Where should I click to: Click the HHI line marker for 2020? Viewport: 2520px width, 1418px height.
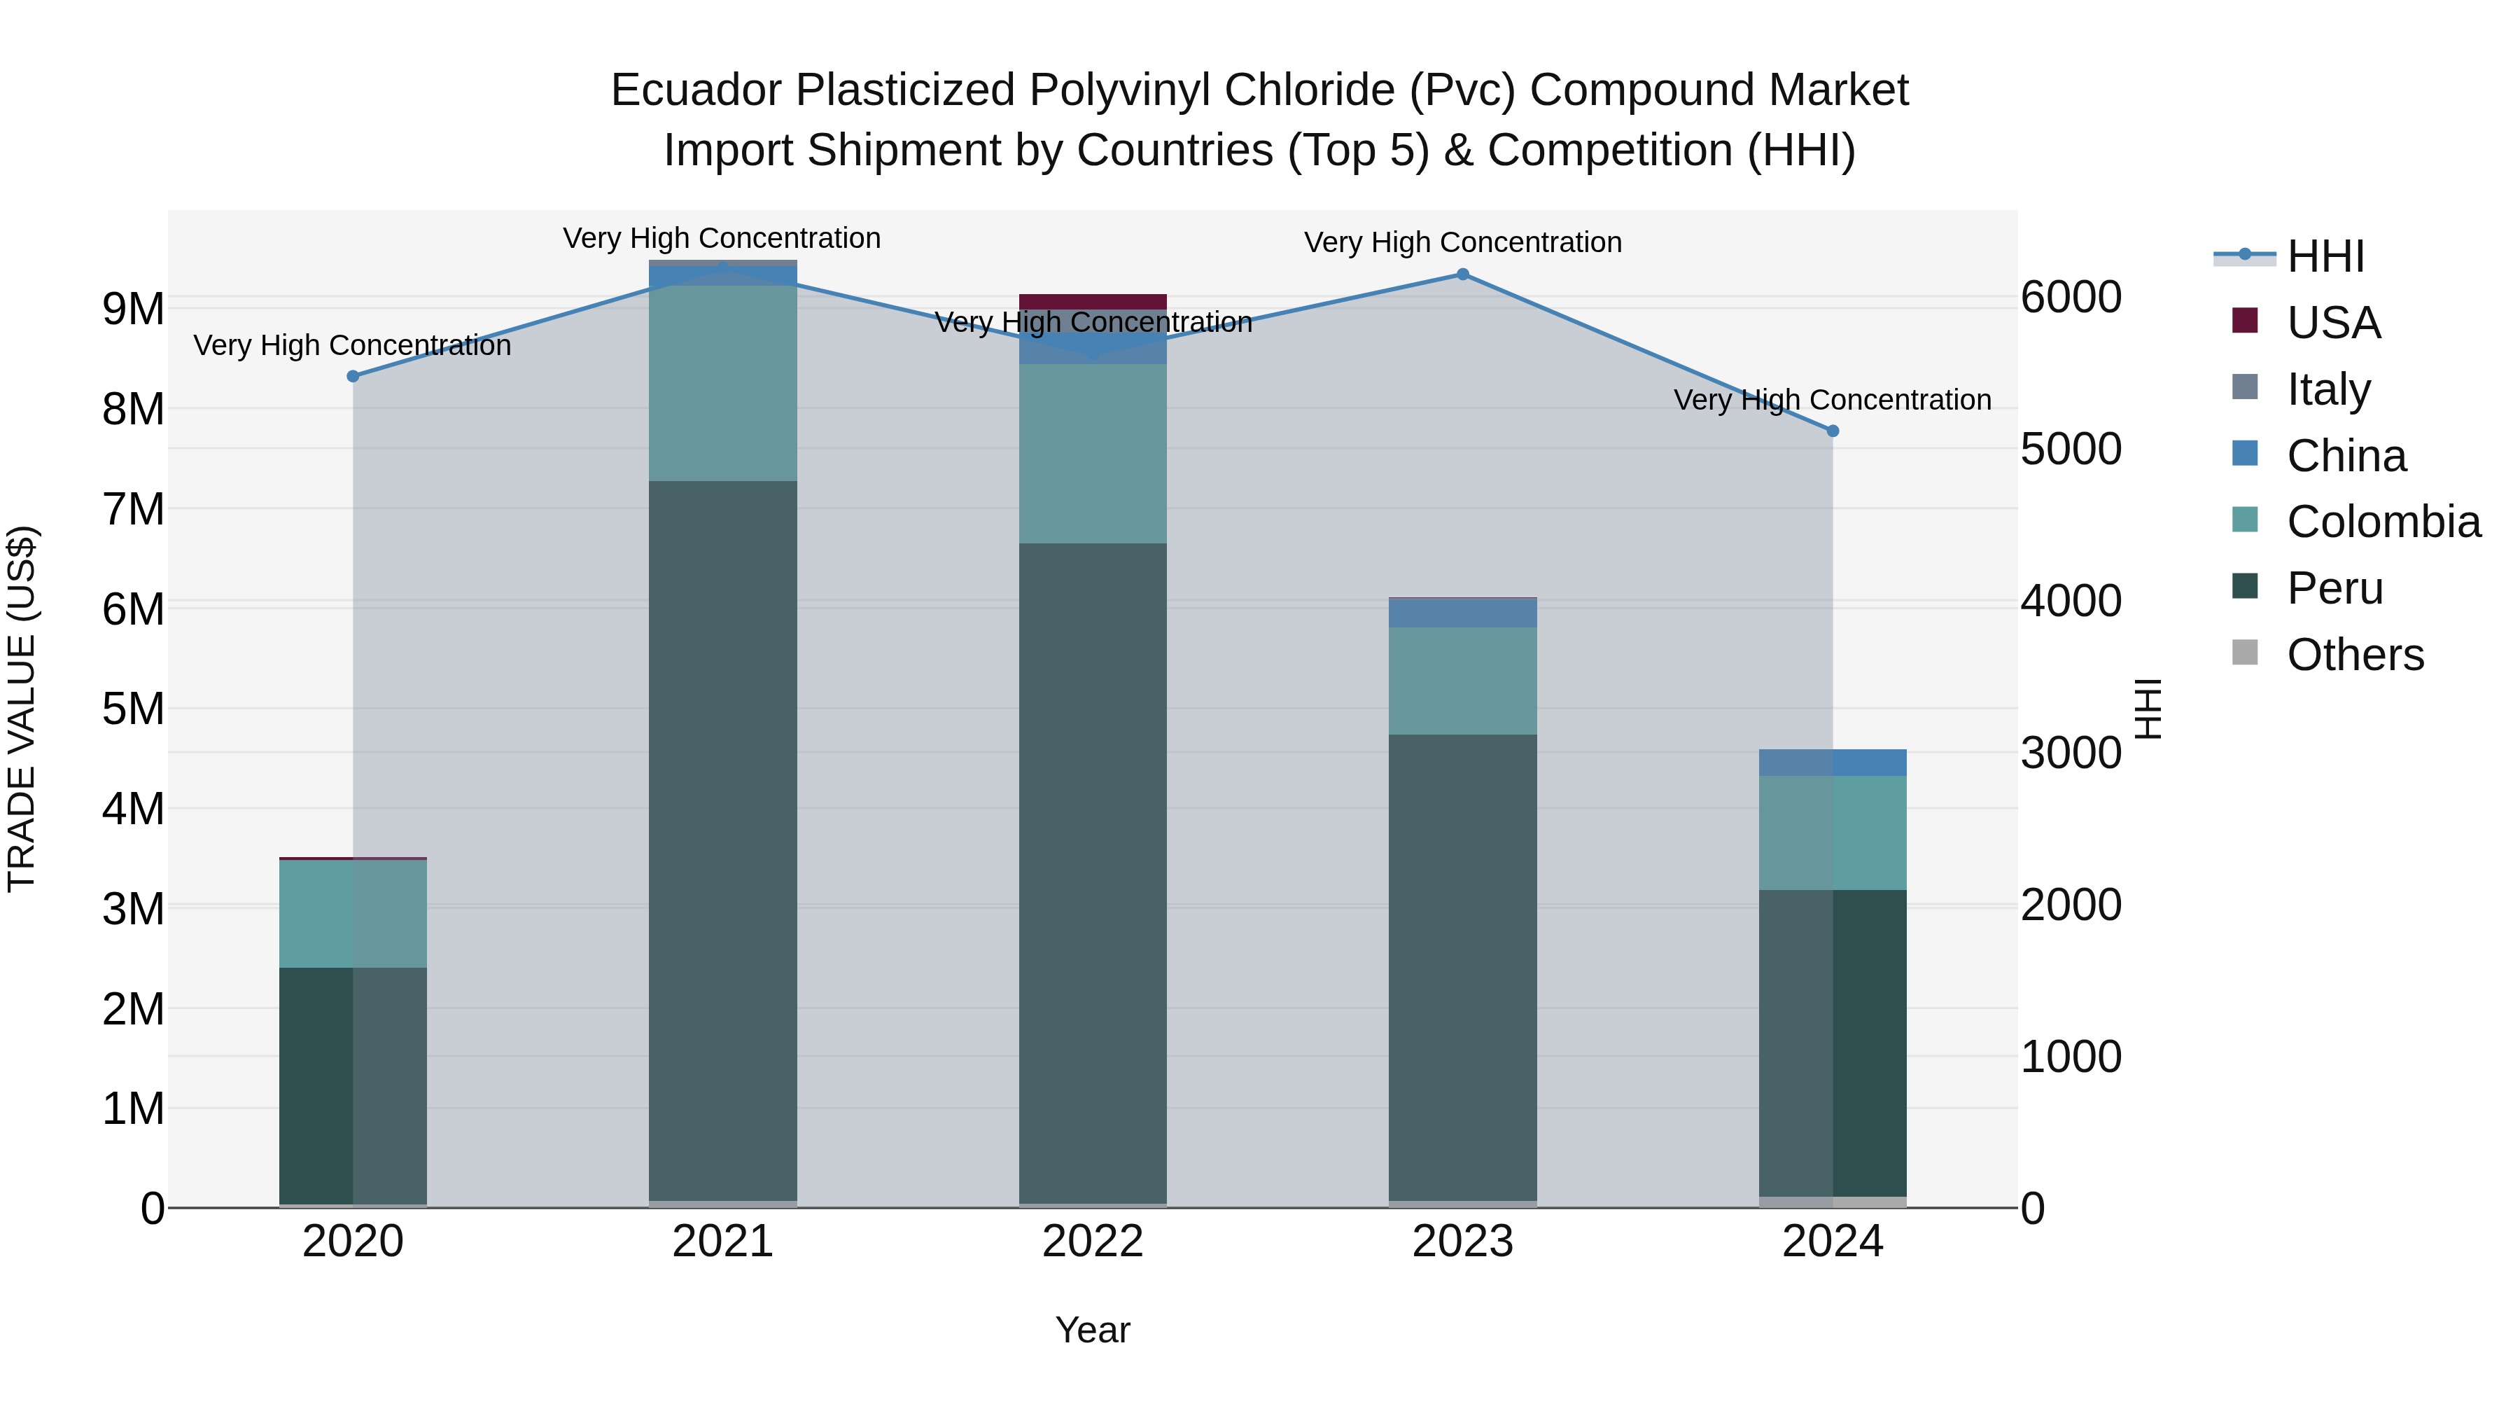(x=353, y=376)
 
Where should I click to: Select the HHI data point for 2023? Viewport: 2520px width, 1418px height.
(x=1462, y=274)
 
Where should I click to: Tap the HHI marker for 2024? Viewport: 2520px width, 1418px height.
(x=1833, y=431)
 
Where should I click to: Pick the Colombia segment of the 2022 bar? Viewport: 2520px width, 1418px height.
(x=1093, y=453)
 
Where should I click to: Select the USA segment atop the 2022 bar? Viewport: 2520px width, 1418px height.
(x=1093, y=301)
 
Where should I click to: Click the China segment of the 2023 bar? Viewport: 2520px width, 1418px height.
(x=1462, y=613)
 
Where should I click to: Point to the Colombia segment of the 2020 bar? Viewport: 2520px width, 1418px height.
(x=353, y=913)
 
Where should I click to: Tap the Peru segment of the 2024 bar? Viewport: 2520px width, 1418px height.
(x=1833, y=1042)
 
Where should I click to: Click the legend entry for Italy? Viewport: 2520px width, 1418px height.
(x=2328, y=389)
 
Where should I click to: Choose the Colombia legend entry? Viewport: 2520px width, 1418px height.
(x=2383, y=522)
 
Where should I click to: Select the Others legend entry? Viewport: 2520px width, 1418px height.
(x=2355, y=655)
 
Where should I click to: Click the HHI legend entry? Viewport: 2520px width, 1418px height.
(x=2325, y=256)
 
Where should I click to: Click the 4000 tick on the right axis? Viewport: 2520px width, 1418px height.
(x=2071, y=601)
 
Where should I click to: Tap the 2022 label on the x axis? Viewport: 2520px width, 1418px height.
(x=1093, y=1242)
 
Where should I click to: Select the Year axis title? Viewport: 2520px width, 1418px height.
(x=1093, y=1330)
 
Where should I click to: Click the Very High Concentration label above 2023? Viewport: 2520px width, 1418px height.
(x=1462, y=242)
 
